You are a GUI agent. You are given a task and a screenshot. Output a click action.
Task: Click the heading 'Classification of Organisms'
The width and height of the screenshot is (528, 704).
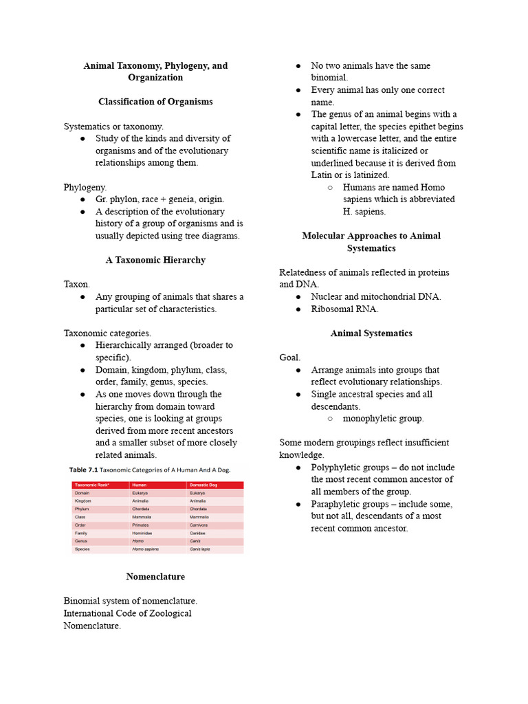click(x=155, y=102)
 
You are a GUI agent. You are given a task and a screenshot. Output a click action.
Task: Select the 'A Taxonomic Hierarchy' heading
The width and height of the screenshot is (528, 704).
click(x=155, y=261)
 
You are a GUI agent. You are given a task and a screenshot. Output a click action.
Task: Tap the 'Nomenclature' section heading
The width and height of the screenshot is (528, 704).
click(x=155, y=577)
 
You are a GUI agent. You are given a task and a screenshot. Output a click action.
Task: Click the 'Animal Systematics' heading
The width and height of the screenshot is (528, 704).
click(x=371, y=333)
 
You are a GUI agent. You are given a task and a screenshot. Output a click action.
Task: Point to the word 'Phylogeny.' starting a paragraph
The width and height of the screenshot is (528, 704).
click(x=85, y=187)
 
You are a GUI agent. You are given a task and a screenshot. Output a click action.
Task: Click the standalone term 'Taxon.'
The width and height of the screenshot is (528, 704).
click(x=77, y=285)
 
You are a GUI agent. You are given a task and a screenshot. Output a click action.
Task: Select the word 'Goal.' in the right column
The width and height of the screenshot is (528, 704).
click(x=290, y=357)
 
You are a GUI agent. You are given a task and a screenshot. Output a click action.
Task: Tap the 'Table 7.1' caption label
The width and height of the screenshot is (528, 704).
click(x=84, y=470)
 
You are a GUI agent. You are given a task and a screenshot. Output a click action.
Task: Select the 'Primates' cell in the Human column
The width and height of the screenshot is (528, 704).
click(x=140, y=525)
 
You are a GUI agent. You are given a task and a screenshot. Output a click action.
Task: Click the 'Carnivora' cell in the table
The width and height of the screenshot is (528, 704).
click(x=200, y=525)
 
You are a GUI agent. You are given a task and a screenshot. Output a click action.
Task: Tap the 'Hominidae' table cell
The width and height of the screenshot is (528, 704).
click(x=142, y=533)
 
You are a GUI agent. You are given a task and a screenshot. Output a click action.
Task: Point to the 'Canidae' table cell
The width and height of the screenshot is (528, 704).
click(x=199, y=533)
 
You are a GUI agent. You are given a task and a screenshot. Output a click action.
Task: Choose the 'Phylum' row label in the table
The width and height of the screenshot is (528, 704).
click(x=82, y=509)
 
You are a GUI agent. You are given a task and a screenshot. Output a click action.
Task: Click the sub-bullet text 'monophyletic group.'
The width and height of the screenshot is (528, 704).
click(x=383, y=419)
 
